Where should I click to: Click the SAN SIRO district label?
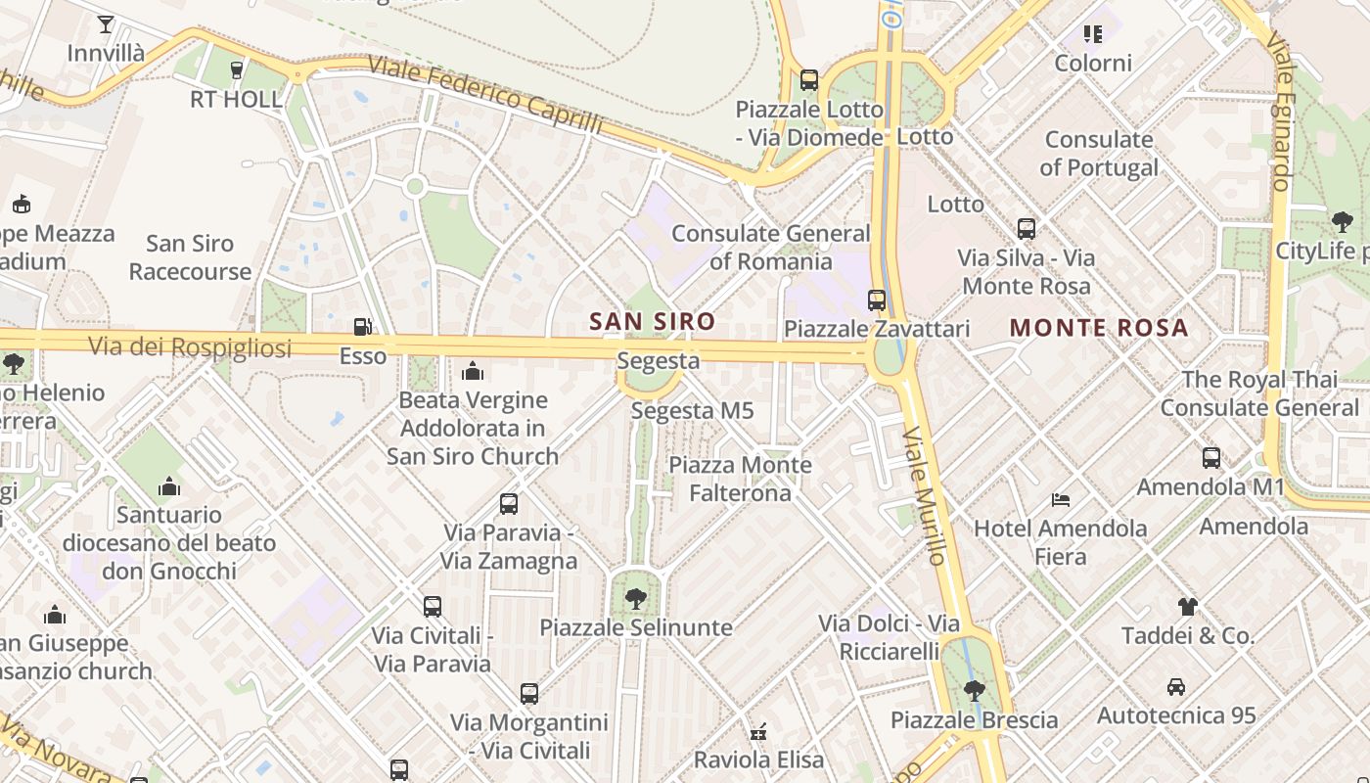tap(652, 321)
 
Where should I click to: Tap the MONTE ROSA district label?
tap(1098, 328)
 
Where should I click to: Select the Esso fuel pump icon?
tap(362, 327)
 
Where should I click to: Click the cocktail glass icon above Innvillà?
tap(106, 24)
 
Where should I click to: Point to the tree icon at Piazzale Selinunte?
tap(636, 598)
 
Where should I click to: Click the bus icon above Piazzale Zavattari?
tap(877, 300)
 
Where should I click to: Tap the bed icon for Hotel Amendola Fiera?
tap(1060, 500)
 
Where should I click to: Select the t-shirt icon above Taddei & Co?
tap(1187, 607)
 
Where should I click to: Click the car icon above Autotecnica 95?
tap(1175, 687)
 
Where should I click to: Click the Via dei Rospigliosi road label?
tap(190, 346)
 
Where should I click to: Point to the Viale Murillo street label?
tap(925, 494)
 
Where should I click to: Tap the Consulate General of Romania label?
tap(770, 248)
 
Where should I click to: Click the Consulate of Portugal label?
tap(1099, 154)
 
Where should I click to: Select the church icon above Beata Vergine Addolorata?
tap(473, 371)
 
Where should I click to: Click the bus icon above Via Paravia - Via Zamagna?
tap(509, 504)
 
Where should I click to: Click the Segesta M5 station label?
tap(692, 411)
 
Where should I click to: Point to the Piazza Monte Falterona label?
tap(740, 479)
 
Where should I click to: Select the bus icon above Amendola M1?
tap(1210, 457)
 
